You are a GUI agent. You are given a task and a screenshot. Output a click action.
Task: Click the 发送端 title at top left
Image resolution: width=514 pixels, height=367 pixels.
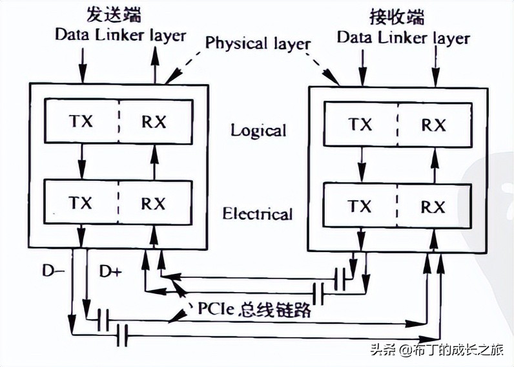click(x=116, y=14)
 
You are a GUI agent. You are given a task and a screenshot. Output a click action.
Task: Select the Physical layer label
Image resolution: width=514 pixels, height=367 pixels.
click(x=258, y=43)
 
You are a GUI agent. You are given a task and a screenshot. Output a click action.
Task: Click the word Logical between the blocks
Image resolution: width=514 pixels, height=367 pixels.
click(x=258, y=131)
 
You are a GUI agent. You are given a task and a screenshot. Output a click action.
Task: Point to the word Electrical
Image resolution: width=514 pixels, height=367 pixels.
click(x=258, y=213)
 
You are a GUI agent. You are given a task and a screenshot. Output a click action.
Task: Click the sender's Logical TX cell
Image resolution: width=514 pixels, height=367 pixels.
click(x=81, y=121)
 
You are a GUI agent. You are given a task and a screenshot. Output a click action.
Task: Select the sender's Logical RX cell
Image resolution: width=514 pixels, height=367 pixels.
click(x=154, y=121)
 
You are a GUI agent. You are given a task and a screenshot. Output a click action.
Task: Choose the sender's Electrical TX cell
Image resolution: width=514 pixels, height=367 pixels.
click(x=81, y=203)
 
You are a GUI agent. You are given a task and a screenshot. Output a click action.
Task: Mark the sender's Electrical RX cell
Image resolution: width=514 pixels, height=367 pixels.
click(x=154, y=203)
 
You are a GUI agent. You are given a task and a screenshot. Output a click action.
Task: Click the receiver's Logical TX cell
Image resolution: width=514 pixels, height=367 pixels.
click(x=360, y=124)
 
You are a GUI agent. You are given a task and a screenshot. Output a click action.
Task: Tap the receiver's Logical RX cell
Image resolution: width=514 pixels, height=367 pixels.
click(x=433, y=124)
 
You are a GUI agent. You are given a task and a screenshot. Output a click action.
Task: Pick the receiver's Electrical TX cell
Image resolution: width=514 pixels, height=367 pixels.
click(x=360, y=207)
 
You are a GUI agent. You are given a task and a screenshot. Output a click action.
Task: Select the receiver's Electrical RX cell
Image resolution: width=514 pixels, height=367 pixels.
click(x=433, y=207)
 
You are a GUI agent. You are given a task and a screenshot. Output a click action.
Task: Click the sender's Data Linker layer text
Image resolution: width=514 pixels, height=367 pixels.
click(x=120, y=34)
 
